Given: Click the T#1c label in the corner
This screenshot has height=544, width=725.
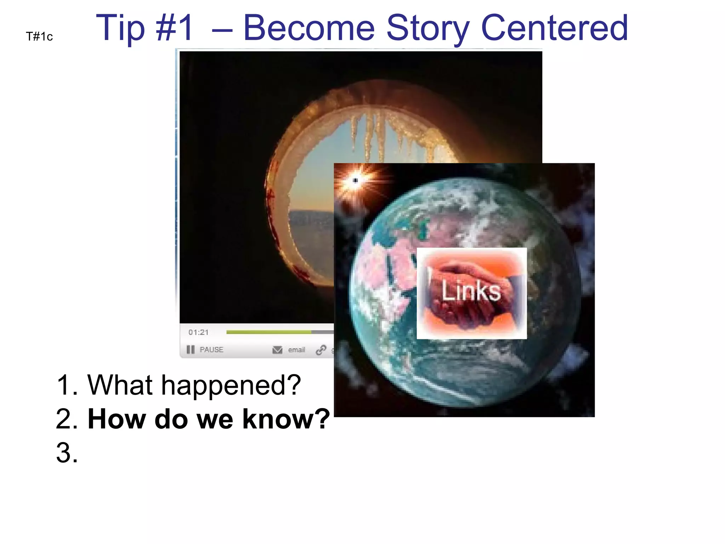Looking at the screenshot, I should tap(39, 36).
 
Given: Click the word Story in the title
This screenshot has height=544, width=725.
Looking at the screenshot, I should tap(428, 28).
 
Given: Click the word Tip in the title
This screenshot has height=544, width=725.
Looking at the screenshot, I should tap(120, 28).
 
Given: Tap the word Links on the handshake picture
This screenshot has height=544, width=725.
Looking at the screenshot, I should tap(471, 291).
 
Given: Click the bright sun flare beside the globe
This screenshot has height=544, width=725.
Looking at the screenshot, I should tap(355, 181).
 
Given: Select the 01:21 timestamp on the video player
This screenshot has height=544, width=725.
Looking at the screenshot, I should tap(199, 332).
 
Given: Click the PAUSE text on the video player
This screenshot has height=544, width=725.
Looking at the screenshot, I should tap(211, 350).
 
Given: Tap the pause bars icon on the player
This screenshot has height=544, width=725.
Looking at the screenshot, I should tap(190, 350).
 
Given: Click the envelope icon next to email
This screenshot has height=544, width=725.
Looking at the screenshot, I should tap(277, 350).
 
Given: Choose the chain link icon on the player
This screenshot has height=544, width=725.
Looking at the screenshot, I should tap(321, 350).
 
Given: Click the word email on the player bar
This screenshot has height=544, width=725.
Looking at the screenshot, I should tap(296, 350).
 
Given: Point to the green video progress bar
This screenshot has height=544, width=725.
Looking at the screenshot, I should tap(269, 332).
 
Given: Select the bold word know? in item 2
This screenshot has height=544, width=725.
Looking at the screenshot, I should tap(286, 419).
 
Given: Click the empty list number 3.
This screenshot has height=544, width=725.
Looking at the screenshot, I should tap(67, 453).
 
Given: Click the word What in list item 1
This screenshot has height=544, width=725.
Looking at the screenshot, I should tap(120, 385).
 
